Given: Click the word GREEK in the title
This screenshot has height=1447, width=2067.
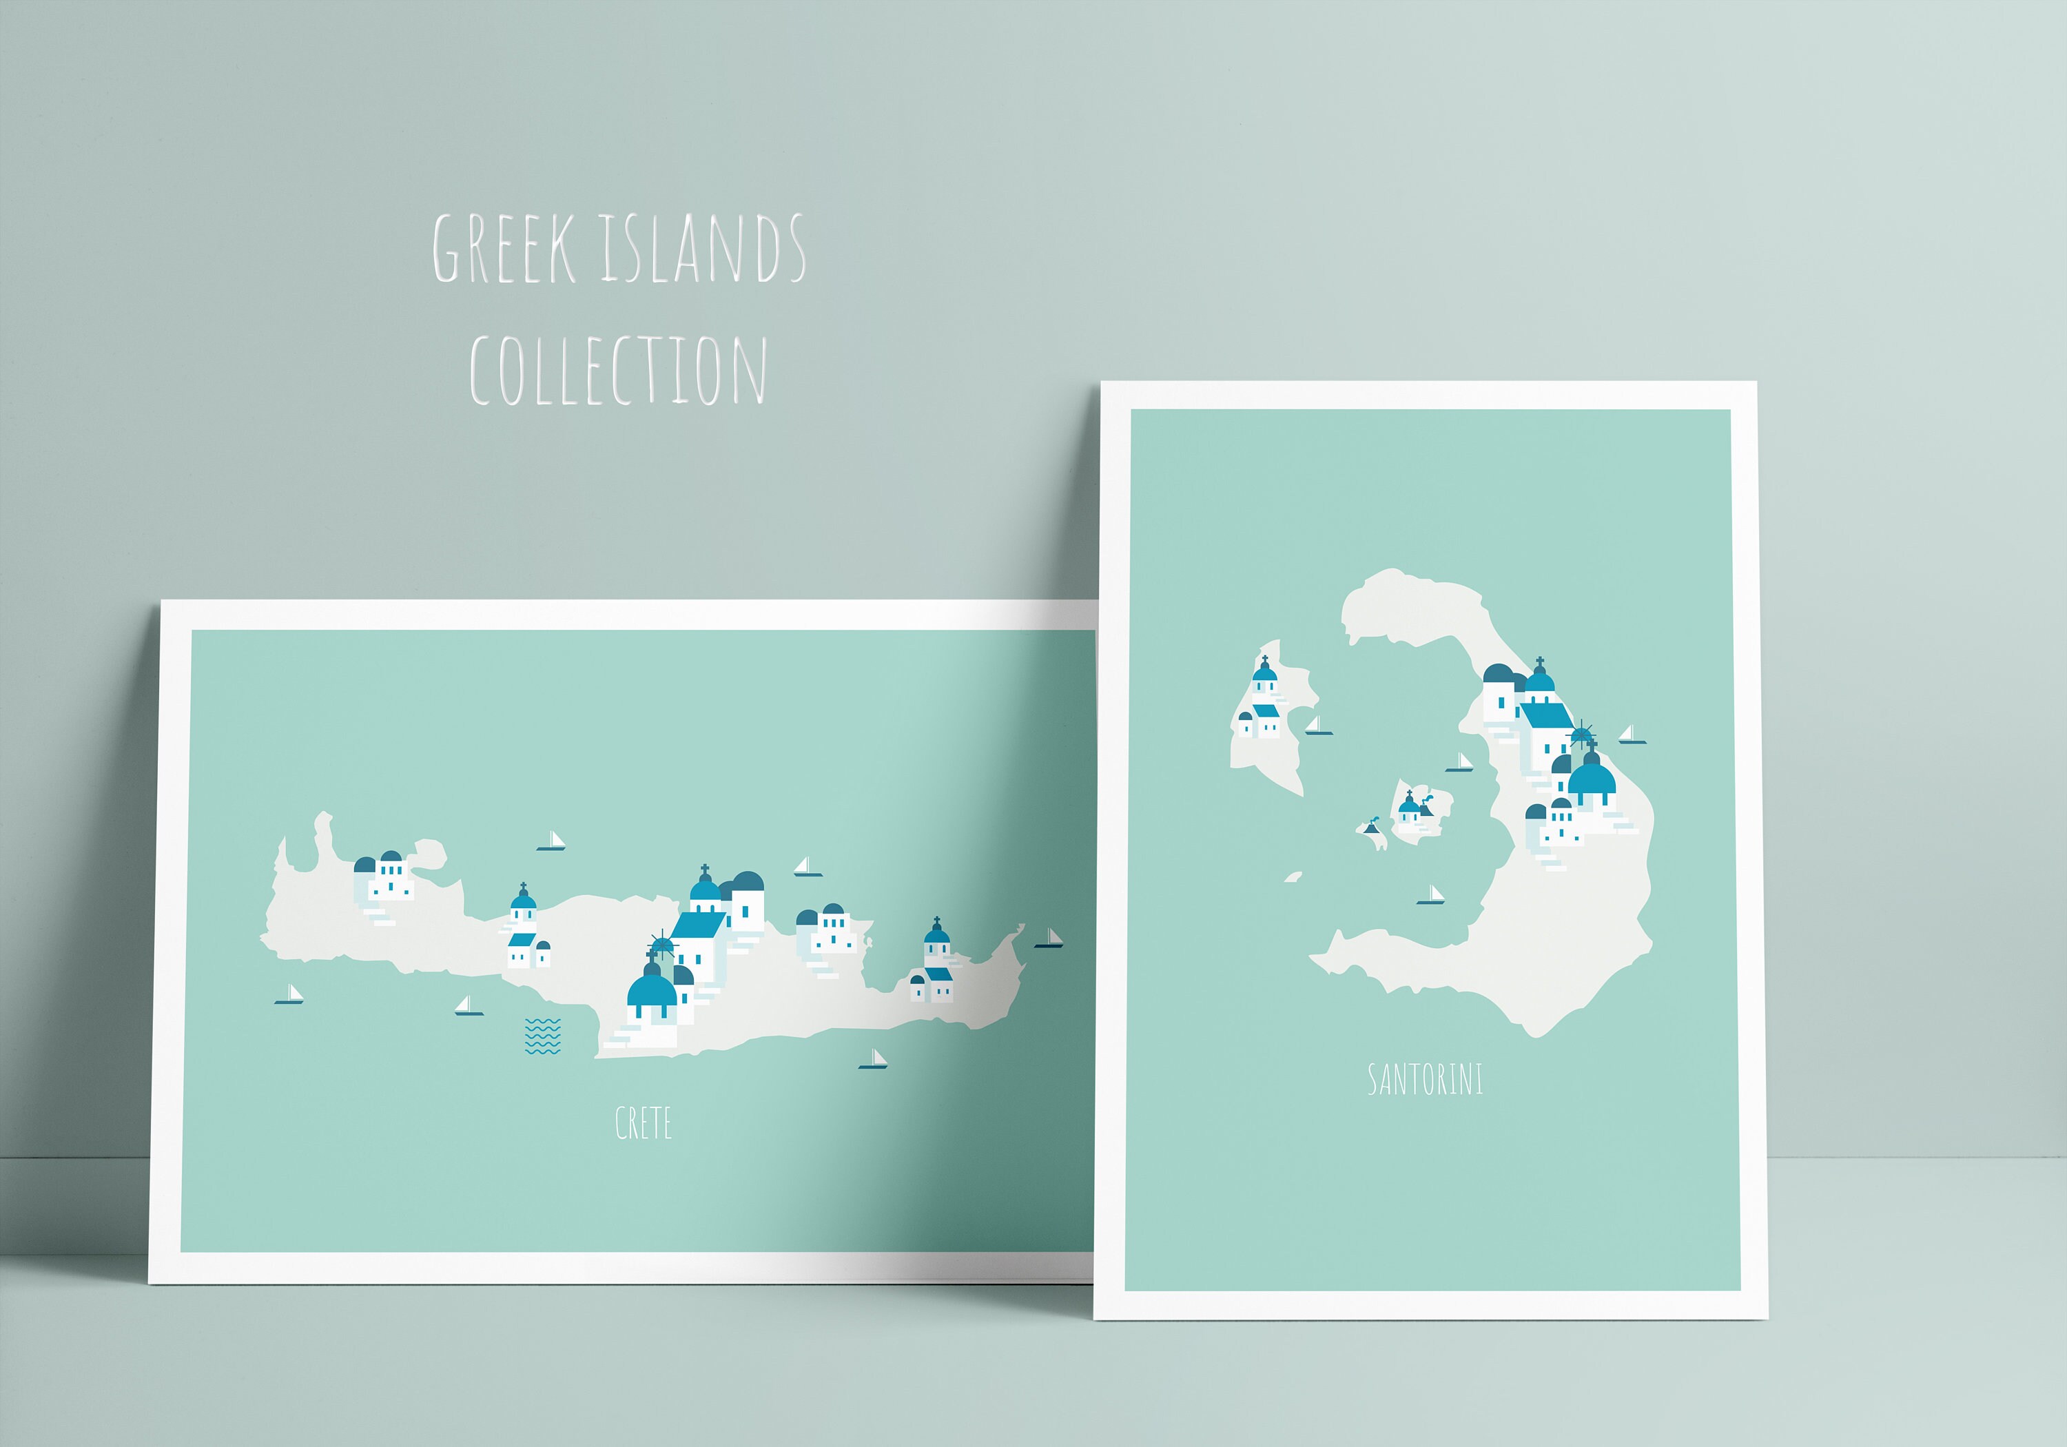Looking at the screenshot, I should tap(504, 249).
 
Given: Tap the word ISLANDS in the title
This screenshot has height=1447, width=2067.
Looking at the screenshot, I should tap(703, 249).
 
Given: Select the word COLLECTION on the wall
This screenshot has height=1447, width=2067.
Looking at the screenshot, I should tap(617, 370).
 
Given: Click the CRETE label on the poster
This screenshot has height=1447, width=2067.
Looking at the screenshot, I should tap(643, 1123).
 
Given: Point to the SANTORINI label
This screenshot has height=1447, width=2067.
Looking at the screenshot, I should tap(1424, 1079).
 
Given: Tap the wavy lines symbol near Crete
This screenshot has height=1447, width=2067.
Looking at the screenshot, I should tap(542, 1036).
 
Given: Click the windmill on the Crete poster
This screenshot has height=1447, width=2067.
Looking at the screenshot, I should tap(661, 942).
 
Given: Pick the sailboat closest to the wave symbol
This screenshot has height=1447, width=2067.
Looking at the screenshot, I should tap(468, 1006).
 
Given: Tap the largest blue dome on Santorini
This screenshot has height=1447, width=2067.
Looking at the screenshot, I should tap(1592, 781).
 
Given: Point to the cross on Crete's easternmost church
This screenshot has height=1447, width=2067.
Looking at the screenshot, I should tap(936, 921).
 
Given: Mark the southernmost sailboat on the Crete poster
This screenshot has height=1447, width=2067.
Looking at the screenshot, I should tap(873, 1060).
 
